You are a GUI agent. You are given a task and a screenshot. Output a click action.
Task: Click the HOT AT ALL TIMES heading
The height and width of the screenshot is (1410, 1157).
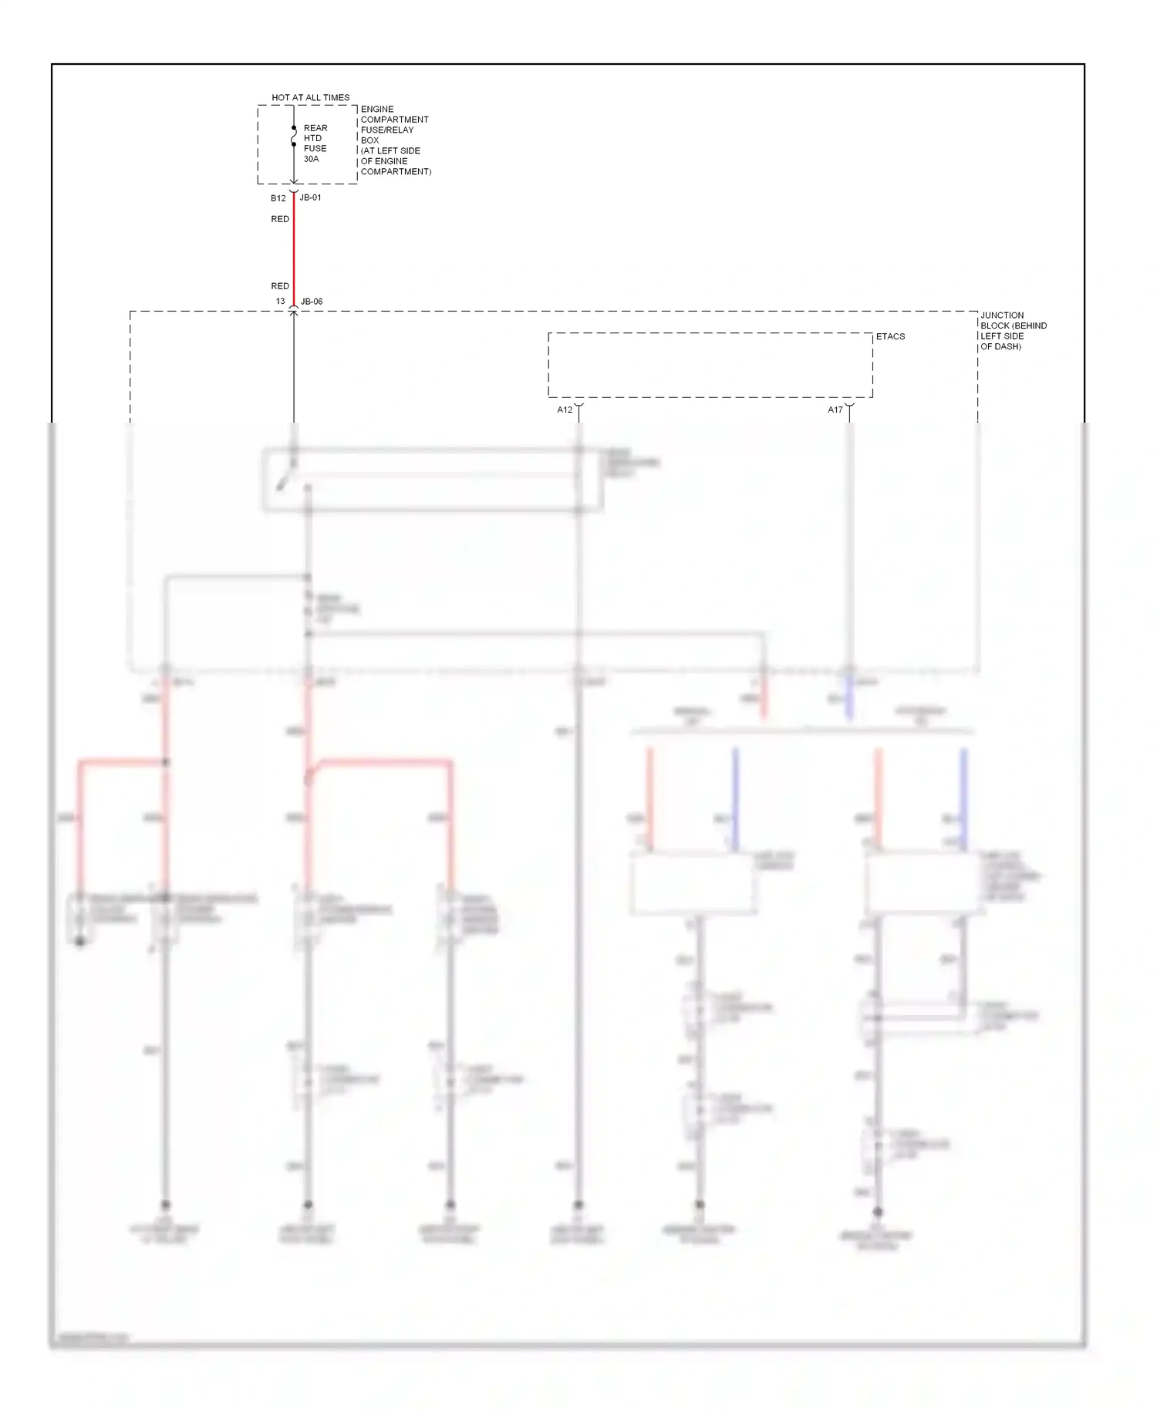point(310,98)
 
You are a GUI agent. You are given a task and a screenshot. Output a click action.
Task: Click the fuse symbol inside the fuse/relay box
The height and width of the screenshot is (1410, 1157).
point(294,137)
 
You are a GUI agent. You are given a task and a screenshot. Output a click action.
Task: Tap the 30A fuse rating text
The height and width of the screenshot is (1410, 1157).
point(311,159)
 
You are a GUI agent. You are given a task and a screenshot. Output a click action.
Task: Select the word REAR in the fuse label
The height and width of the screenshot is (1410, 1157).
point(315,128)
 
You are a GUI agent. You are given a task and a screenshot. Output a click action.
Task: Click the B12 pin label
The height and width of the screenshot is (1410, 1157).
point(278,198)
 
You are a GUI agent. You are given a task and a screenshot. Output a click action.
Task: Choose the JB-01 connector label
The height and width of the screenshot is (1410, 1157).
point(311,197)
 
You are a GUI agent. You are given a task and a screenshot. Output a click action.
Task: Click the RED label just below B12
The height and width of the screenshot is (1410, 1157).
point(280,219)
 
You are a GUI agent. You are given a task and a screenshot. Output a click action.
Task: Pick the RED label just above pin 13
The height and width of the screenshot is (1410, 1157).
point(280,286)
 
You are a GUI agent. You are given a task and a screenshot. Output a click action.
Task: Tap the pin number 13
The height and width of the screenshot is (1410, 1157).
point(281,302)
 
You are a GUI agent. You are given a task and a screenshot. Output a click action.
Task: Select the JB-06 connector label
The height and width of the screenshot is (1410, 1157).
point(312,302)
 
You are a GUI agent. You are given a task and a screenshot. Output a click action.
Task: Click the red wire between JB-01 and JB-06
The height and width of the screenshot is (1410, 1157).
point(294,251)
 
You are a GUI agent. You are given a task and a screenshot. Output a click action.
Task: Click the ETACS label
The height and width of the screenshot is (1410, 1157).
point(890,337)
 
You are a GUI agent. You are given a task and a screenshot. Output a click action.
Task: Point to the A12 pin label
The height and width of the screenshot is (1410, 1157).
point(565,410)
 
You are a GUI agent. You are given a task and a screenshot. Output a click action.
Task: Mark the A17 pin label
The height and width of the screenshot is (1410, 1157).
point(835,410)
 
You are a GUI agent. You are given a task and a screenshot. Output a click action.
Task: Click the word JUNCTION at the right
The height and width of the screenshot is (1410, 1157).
point(1002,315)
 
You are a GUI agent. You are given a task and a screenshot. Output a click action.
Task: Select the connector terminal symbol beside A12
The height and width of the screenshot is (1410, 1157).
point(578,406)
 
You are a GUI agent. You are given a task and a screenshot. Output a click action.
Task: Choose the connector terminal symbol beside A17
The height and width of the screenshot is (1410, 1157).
point(849,406)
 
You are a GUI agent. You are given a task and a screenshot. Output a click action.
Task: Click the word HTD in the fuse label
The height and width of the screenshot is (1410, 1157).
point(312,138)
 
